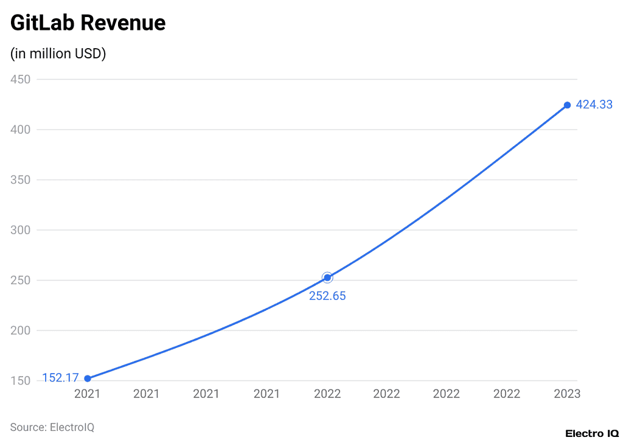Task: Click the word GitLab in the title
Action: coord(42,23)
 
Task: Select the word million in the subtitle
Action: coord(48,54)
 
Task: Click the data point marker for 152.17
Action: coord(88,378)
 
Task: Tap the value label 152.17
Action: coord(60,378)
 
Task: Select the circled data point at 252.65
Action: coord(327,277)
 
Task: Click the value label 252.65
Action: coord(327,296)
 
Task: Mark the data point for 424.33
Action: coord(567,105)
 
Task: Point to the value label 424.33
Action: coord(594,105)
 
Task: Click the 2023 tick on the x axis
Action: coord(566,394)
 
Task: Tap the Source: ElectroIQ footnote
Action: coord(52,427)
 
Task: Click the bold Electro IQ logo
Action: coord(591,433)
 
